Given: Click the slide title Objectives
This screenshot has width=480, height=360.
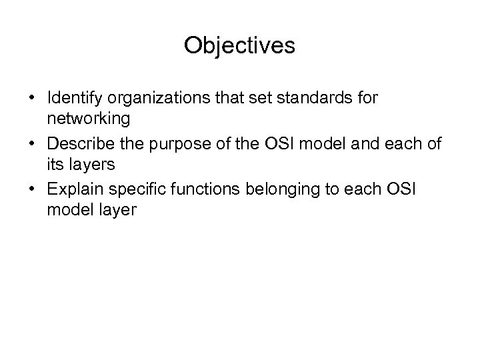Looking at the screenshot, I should tap(239, 45).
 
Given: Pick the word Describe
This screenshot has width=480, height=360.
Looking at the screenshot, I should tap(77, 143).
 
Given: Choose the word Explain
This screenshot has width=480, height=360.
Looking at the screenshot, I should tap(71, 189).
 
